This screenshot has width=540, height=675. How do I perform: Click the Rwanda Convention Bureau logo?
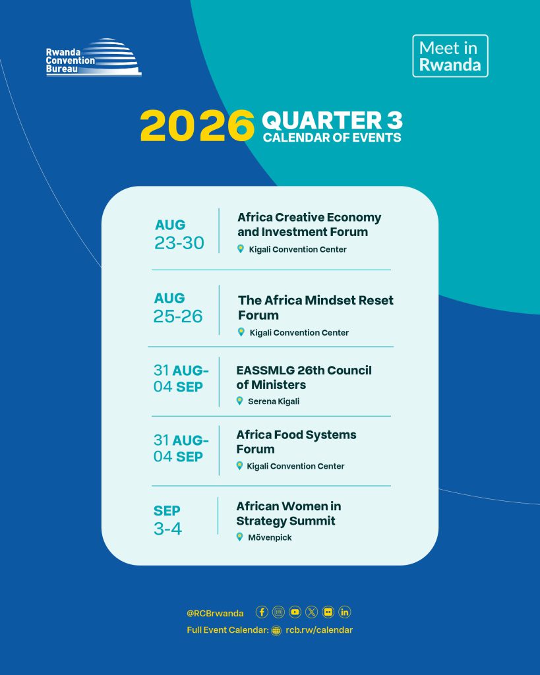point(94,58)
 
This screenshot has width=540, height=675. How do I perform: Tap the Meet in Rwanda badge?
point(450,56)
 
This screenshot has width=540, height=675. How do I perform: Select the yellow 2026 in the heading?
point(197,125)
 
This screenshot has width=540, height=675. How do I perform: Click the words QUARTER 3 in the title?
point(332,120)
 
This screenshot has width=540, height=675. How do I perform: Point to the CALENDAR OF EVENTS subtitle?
point(332,138)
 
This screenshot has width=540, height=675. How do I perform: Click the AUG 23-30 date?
point(179,235)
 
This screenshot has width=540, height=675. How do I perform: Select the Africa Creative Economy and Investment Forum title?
point(309,224)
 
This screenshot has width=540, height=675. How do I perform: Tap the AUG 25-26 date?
point(178,308)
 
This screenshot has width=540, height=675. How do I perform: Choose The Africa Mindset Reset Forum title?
point(316,307)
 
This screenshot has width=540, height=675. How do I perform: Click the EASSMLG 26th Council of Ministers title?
point(303,378)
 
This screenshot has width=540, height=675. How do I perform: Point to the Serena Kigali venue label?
point(274,401)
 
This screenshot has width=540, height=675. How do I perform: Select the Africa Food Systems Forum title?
point(296,442)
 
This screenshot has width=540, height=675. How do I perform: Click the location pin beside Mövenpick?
point(240,537)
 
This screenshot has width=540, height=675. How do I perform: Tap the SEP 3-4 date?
point(167,520)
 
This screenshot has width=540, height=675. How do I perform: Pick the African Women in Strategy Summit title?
point(289,513)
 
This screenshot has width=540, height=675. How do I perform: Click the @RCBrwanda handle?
point(215,613)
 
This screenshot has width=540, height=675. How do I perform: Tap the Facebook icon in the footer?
point(262,612)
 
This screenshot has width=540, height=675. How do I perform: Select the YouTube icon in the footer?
point(295,612)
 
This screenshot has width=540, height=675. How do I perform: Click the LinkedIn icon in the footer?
point(344,612)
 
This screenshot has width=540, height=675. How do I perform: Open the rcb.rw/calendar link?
point(319,630)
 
